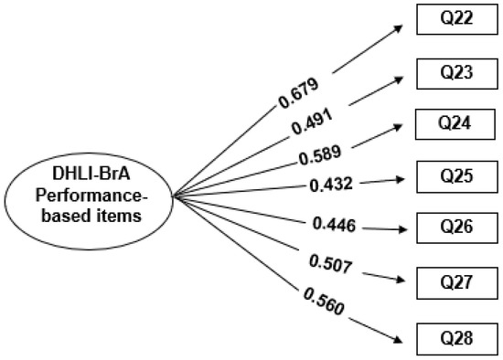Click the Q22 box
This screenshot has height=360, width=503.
click(454, 19)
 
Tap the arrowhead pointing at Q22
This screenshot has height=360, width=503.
click(400, 26)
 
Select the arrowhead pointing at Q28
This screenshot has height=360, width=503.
click(399, 342)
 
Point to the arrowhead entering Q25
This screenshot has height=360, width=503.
click(403, 179)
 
